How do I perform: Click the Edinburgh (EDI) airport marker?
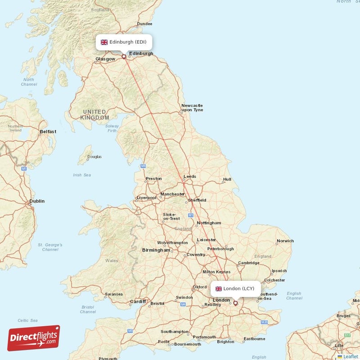tap(124, 57)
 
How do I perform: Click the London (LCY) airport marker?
tap(235, 303)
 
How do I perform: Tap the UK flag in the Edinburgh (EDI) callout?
tap(104, 42)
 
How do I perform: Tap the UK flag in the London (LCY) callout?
tap(219, 288)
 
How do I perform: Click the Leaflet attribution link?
tap(351, 356)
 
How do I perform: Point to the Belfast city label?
tap(48, 132)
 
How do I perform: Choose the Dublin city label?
tap(37, 201)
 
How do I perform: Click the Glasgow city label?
tap(105, 59)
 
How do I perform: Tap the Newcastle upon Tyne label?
tap(192, 108)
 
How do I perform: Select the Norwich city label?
tap(285, 241)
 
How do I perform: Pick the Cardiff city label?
tap(138, 301)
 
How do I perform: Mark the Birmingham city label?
tap(156, 250)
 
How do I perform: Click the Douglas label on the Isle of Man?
tap(94, 157)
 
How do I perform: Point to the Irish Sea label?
tap(82, 175)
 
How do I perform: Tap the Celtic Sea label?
tap(27, 320)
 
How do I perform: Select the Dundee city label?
tap(144, 24)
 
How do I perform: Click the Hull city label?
tap(227, 180)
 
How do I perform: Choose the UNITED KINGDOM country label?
tap(94, 115)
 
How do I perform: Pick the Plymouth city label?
tap(108, 358)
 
